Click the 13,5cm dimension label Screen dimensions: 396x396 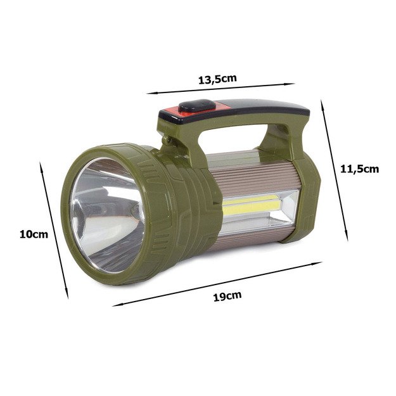217,79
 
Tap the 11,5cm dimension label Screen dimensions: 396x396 360,169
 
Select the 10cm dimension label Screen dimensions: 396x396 34,234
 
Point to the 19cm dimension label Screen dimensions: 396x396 227,296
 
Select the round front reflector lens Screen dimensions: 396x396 106,215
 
